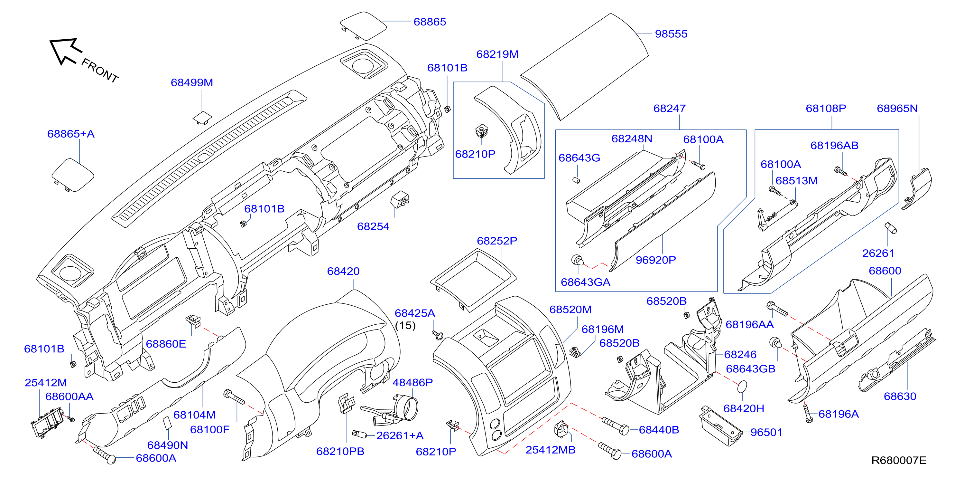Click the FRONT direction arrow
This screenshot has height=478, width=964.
point(66,51)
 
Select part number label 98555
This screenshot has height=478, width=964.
point(671,34)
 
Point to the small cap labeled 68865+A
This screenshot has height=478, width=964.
point(73,175)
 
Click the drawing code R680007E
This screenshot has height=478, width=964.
point(899,460)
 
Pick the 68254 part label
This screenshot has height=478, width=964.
point(373,226)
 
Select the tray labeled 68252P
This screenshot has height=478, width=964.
point(473,279)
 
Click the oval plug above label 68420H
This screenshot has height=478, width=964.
point(742,387)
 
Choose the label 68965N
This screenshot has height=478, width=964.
point(897,108)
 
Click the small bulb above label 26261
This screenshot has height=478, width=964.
point(891,228)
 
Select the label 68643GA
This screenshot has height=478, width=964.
point(585,282)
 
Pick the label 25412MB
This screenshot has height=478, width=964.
point(550,450)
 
